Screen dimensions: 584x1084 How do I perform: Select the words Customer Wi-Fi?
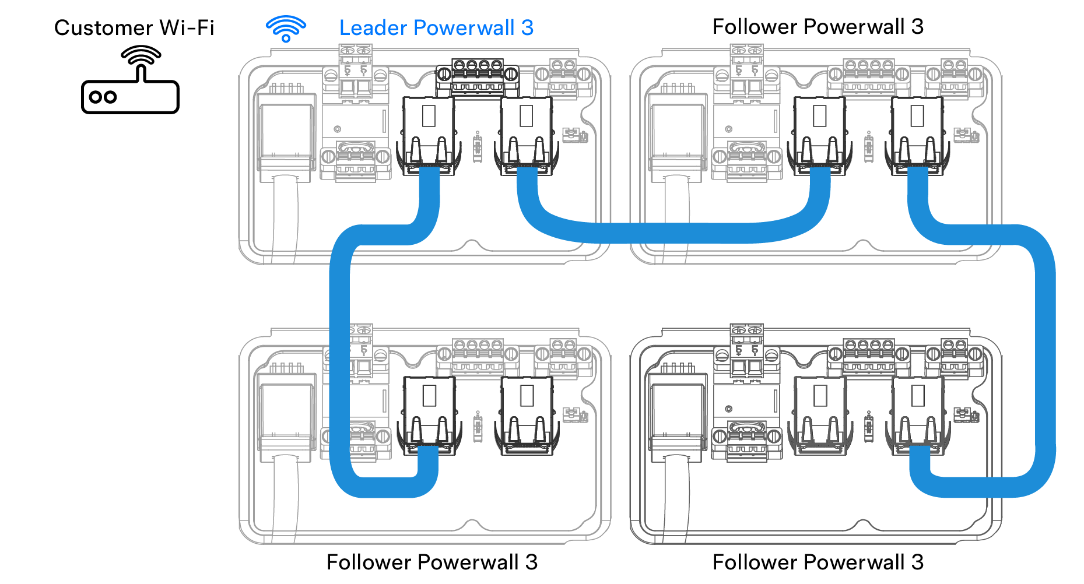[134, 28]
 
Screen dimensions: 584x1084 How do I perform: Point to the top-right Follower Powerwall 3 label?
[818, 27]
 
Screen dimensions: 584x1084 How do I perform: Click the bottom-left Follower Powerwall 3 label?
[432, 562]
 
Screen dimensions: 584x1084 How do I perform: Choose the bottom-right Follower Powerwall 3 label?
[818, 562]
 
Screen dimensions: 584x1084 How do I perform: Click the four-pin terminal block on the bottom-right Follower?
[869, 356]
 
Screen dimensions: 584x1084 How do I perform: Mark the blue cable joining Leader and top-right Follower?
[671, 233]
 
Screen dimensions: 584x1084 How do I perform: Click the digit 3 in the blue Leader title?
[527, 28]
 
